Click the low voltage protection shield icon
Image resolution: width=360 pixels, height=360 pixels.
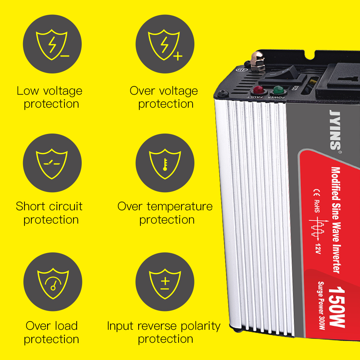pyautogui.click(x=52, y=44)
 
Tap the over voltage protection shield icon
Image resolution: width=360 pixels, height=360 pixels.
pyautogui.click(x=165, y=44)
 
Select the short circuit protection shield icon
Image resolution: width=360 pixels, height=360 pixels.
pyautogui.click(x=52, y=163)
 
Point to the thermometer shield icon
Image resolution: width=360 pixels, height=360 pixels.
pyautogui.click(x=165, y=163)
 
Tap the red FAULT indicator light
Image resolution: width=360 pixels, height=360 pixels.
pyautogui.click(x=258, y=90)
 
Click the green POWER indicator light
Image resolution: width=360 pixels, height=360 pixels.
pyautogui.click(x=278, y=90)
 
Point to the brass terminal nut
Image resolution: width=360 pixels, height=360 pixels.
pyautogui.click(x=257, y=61)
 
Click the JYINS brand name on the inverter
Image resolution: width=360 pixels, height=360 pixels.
pyautogui.click(x=335, y=130)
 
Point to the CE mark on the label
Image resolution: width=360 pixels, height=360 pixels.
pyautogui.click(x=316, y=193)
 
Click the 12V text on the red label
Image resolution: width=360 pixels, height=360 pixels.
pyautogui.click(x=318, y=249)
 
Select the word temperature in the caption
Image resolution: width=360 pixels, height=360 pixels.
pyautogui.click(x=180, y=207)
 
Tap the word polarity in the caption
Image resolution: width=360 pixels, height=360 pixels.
pyautogui.click(x=201, y=326)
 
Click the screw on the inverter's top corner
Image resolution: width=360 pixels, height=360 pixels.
pyautogui.click(x=223, y=93)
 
